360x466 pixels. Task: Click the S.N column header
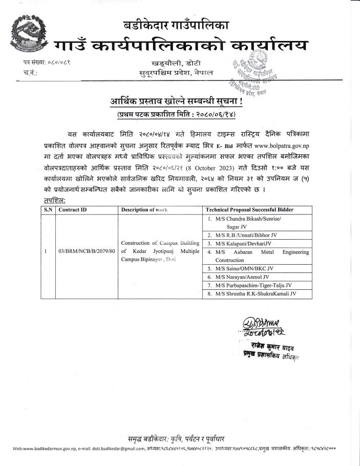pos(48,210)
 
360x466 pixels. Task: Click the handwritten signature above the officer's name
pos(258,326)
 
